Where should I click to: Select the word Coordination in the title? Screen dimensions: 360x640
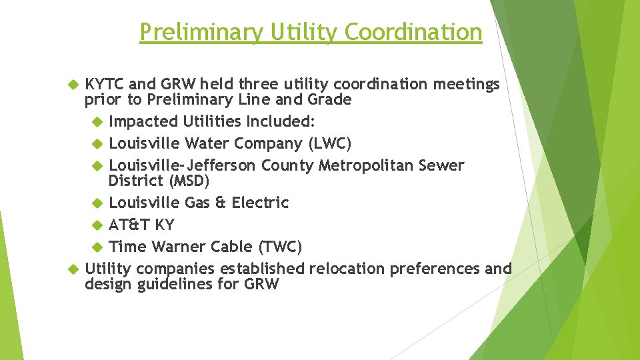click(x=415, y=32)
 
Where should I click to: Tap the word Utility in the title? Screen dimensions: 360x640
click(x=301, y=32)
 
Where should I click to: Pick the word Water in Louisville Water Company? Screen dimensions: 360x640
click(x=207, y=143)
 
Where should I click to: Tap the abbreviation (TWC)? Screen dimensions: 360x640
click(x=280, y=247)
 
